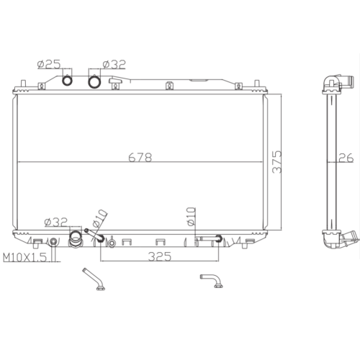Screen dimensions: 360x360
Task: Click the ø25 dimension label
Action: pyautogui.click(x=49, y=64)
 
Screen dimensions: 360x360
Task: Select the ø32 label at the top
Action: pyautogui.click(x=114, y=64)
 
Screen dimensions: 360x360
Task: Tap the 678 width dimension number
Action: pyautogui.click(x=140, y=158)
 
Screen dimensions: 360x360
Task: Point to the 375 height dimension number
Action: pyautogui.click(x=276, y=162)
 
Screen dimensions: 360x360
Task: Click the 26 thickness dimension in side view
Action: pyautogui.click(x=346, y=158)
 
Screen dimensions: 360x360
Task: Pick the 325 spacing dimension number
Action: pyautogui.click(x=160, y=256)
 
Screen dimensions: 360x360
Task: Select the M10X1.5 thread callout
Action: pyautogui.click(x=24, y=258)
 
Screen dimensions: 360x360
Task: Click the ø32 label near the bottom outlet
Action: pyautogui.click(x=56, y=222)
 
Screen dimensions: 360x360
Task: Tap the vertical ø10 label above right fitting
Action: pyautogui.click(x=192, y=217)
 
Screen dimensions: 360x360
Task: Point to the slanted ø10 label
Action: pyautogui.click(x=99, y=218)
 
